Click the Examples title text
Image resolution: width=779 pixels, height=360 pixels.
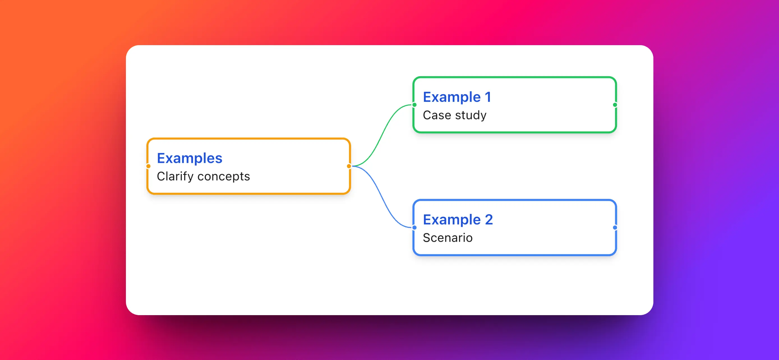coord(189,158)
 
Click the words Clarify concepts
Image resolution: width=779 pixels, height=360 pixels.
coord(203,176)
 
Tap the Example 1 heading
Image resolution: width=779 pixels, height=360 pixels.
coord(457,97)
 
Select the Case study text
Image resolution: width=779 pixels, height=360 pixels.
coord(454,115)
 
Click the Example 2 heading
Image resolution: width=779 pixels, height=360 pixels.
coord(458,220)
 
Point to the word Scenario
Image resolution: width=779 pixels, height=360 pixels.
coord(447,238)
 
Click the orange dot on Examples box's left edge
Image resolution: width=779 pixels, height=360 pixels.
coord(148,166)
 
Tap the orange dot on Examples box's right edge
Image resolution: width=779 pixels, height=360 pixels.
coord(349,166)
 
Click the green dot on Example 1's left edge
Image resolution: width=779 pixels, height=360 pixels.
coord(414,105)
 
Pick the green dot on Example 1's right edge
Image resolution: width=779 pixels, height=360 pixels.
coord(615,105)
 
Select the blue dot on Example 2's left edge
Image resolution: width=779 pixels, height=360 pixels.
coord(414,228)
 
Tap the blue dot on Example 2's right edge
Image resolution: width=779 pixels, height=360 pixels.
coord(615,228)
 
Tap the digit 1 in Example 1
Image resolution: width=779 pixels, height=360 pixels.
coord(488,97)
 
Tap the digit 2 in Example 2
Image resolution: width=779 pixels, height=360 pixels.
coord(489,220)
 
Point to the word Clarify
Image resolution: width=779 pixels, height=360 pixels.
coord(175,176)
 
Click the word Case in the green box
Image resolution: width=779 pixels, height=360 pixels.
coord(437,115)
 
